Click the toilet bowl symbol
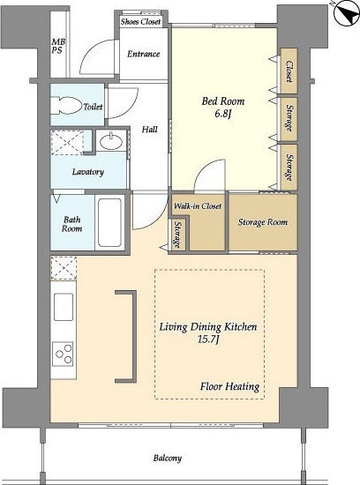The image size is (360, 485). (x=66, y=106)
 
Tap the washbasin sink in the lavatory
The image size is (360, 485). (x=111, y=141)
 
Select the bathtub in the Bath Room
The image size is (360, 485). (x=109, y=222)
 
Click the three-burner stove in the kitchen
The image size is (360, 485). (x=63, y=354)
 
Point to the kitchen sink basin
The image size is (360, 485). (x=64, y=307)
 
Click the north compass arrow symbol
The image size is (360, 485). (x=347, y=13)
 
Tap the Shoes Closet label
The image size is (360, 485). (x=141, y=22)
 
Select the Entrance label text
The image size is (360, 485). (x=143, y=54)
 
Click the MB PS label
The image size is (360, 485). (x=58, y=46)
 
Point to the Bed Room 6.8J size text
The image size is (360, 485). (x=223, y=115)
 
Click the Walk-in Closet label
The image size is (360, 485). (x=198, y=206)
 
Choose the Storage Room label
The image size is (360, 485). (x=263, y=222)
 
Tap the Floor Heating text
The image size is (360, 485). (x=229, y=386)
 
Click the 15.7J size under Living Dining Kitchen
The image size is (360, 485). (x=208, y=339)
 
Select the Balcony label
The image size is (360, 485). (x=168, y=458)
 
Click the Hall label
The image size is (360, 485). (x=150, y=129)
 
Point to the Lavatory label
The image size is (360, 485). (x=88, y=172)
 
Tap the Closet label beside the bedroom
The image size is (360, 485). (x=289, y=71)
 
